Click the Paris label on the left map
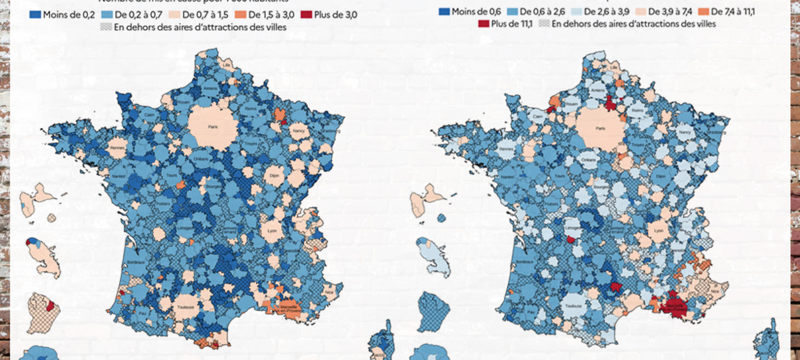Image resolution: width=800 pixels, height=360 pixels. (x=213, y=127)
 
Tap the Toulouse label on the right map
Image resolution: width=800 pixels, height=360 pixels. (x=574, y=306)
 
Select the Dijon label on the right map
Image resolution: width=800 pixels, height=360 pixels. (x=660, y=176)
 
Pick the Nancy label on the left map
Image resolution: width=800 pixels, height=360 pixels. (x=299, y=132)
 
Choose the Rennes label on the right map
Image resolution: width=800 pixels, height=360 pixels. (x=506, y=148)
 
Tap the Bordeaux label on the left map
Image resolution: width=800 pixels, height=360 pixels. (x=137, y=262)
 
